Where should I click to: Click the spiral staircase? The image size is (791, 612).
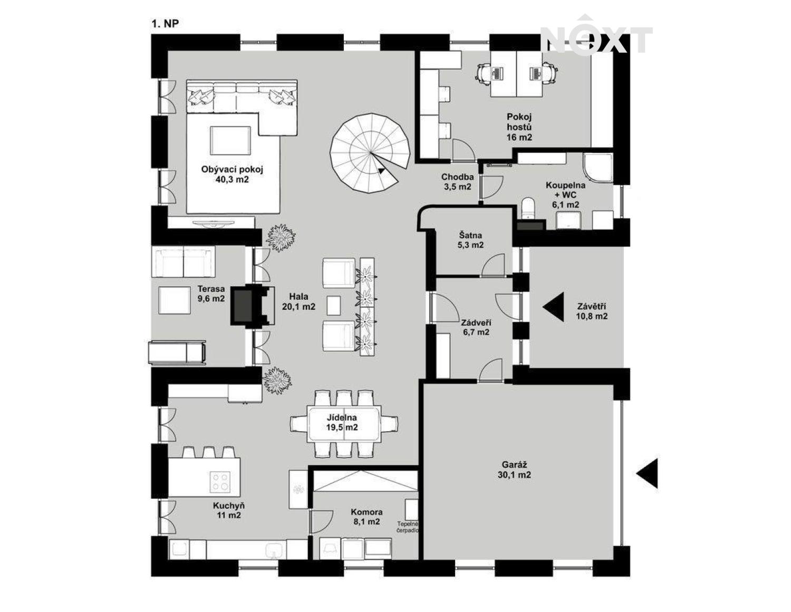click(370, 153)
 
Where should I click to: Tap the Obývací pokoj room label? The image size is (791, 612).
click(232, 174)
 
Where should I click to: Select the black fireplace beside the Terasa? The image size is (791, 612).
click(253, 304)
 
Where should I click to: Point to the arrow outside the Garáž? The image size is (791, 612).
click(647, 473)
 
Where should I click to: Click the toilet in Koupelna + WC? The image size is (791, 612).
click(527, 208)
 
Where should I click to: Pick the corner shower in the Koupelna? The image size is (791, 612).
click(597, 168)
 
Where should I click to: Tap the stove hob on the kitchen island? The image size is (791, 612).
click(220, 482)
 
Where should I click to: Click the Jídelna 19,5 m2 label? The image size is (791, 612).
click(342, 422)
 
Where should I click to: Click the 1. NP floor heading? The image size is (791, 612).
click(165, 24)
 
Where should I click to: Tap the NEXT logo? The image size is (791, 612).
click(596, 37)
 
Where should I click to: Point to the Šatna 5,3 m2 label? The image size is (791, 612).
click(470, 240)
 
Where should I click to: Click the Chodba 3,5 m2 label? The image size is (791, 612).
click(458, 181)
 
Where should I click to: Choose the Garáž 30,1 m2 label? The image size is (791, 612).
click(514, 470)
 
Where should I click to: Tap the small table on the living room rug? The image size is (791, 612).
click(230, 140)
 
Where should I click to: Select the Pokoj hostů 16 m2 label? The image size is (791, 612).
click(519, 127)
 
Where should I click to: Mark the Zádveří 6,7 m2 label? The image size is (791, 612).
click(476, 327)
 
